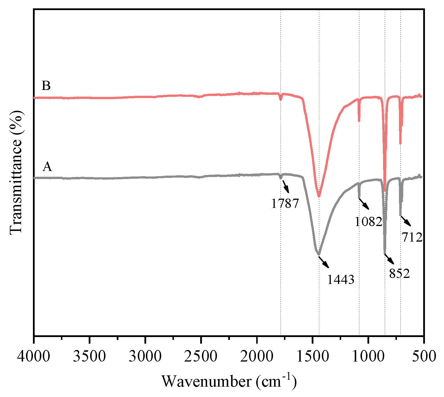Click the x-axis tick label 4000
tap(34, 356)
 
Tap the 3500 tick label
tap(90, 356)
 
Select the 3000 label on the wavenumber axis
tap(145, 356)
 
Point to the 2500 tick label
tap(201, 356)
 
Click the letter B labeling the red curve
tap(46, 86)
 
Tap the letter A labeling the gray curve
tap(47, 166)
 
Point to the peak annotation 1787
tap(285, 204)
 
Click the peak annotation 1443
tap(341, 279)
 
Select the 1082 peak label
tap(368, 221)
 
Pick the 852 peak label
tap(399, 273)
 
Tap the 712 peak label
tap(412, 237)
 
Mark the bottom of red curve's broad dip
tap(319, 196)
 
